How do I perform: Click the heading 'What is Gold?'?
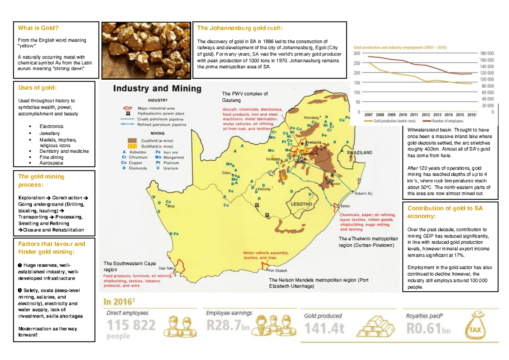point(38,28)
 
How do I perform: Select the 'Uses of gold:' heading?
point(37,88)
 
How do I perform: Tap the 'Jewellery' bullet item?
point(50,133)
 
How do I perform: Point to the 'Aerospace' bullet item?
point(51,163)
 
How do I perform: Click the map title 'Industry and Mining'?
point(157,89)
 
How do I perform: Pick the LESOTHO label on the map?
point(301,204)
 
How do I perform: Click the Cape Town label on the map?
point(167,268)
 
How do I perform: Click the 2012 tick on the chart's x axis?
point(425,114)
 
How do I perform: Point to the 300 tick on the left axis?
point(356,54)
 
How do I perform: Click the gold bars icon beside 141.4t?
point(373,326)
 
